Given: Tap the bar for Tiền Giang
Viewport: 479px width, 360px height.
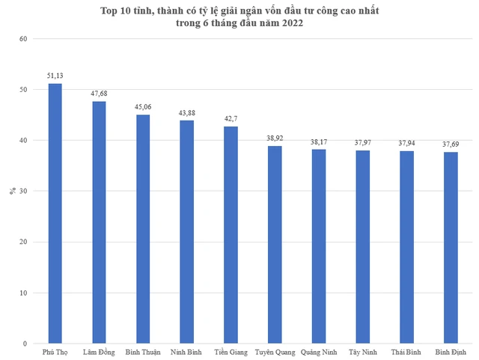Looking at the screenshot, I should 231,235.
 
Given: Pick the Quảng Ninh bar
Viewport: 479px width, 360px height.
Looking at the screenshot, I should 319,246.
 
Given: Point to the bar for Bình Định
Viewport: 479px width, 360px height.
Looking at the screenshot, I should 451,248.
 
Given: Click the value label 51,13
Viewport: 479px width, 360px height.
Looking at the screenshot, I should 55,76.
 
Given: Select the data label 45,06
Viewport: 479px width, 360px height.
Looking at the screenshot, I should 143,107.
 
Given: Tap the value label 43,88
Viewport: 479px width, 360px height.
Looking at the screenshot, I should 187,113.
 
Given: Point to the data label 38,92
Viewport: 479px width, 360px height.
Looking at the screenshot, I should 275,138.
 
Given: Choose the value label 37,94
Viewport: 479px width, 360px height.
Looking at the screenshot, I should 406,143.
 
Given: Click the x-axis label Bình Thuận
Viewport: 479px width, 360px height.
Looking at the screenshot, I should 143,351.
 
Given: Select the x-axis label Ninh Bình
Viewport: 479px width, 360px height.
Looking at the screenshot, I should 187,351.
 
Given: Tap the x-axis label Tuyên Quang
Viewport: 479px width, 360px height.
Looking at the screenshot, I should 275,351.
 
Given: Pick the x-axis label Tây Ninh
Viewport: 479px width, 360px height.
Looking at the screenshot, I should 363,351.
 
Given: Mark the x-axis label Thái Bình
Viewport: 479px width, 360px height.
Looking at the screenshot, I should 406,351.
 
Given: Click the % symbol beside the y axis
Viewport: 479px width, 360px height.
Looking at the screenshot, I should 12,191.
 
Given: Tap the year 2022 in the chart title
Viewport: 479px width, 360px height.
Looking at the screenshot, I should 291,23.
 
